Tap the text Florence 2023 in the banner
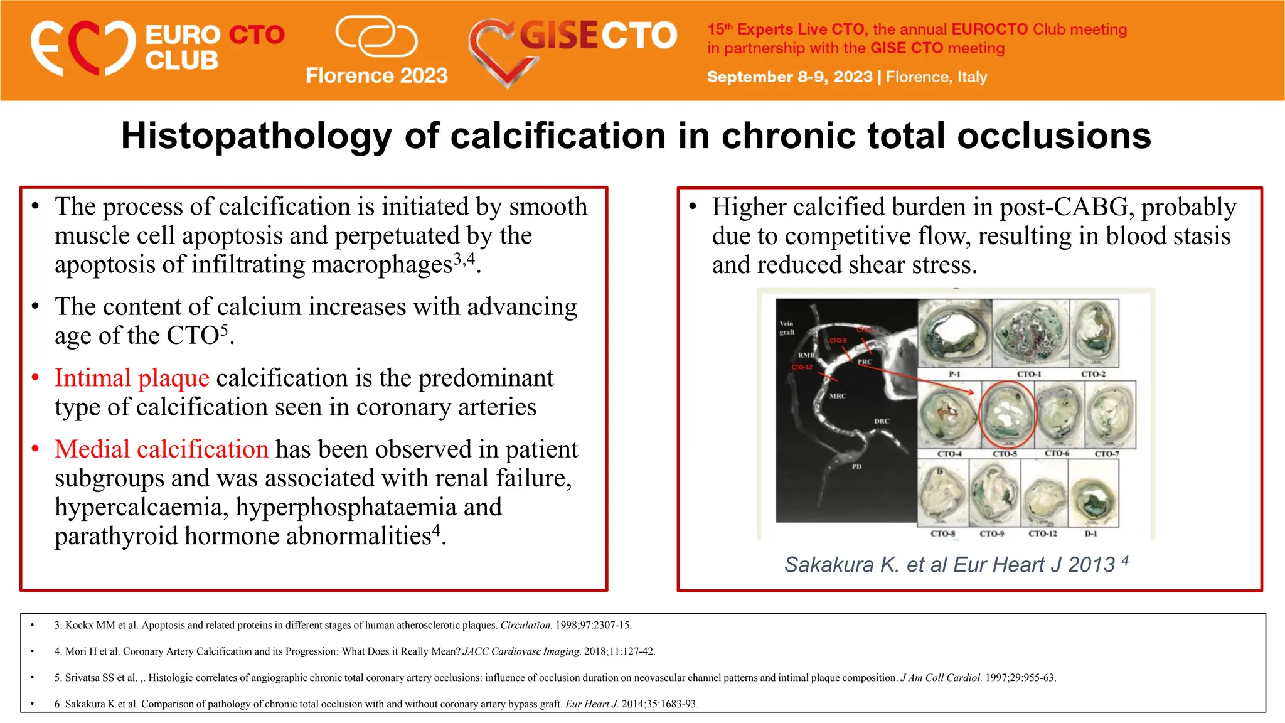pos(376,76)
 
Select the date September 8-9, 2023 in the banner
pos(789,77)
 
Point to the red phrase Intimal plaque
pos(132,378)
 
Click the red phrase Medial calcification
pos(161,449)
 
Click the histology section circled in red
pos(1007,414)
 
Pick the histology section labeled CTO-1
pos(1030,333)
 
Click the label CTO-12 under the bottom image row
pos(1042,533)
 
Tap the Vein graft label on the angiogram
pos(787,328)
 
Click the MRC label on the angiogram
pos(838,396)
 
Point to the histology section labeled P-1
pos(954,333)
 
